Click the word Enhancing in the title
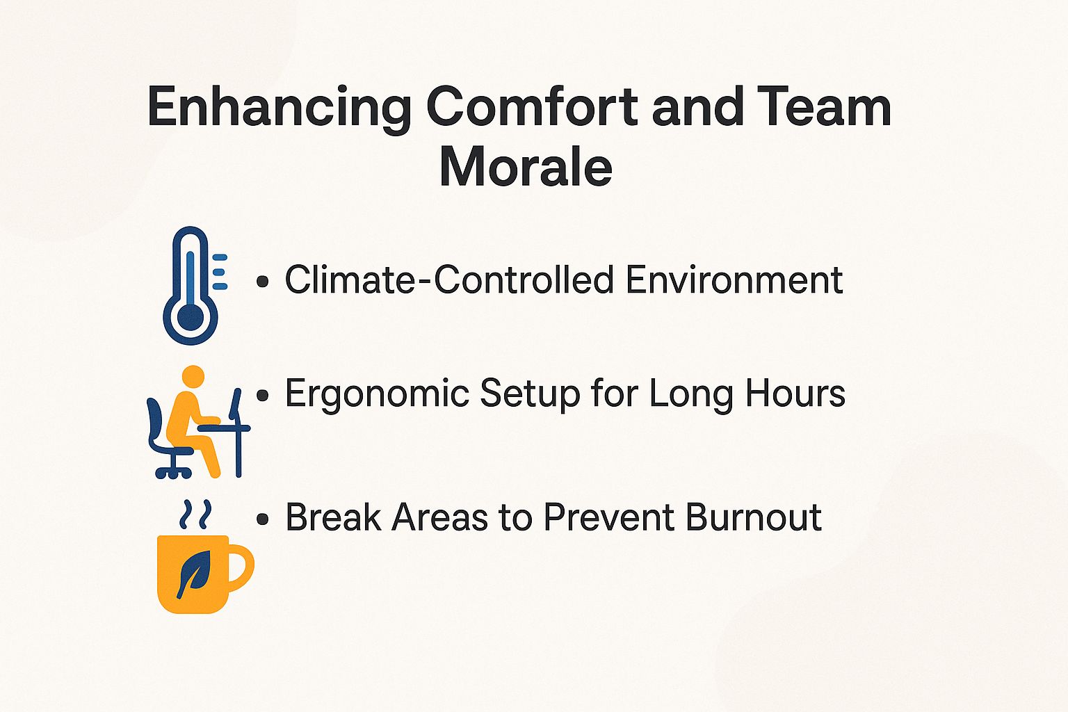(279, 108)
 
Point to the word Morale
(526, 167)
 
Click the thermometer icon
(191, 285)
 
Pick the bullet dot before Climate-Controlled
(262, 282)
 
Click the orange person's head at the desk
(193, 377)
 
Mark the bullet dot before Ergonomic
(262, 396)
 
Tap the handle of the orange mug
(241, 567)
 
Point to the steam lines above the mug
(195, 515)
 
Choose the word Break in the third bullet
(333, 517)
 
